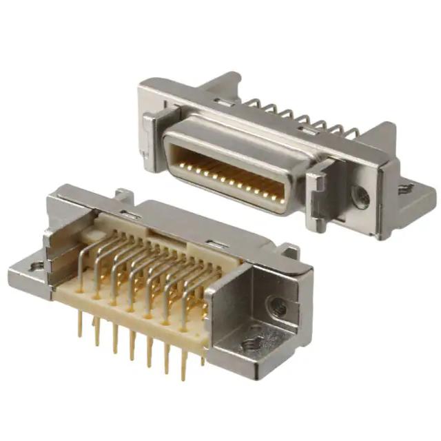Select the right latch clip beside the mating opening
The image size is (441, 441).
pos(319,189)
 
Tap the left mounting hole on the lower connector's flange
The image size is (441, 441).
pos(37,265)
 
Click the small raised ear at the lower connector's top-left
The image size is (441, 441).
pos(123,195)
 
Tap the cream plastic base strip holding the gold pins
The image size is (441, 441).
pos(138,324)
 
